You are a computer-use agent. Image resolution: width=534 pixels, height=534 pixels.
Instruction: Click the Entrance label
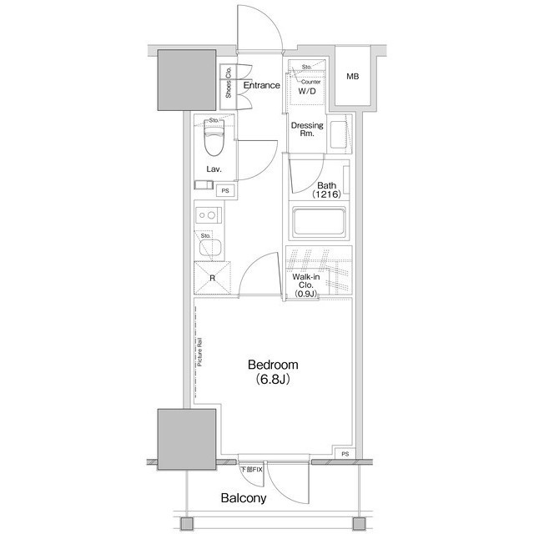(x=261, y=85)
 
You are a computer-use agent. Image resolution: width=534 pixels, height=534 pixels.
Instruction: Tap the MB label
(x=353, y=78)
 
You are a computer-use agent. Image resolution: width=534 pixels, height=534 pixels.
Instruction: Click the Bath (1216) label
(x=327, y=189)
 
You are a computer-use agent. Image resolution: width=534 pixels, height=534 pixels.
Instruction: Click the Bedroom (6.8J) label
(x=272, y=372)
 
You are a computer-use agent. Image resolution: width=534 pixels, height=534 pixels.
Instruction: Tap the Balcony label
(x=243, y=499)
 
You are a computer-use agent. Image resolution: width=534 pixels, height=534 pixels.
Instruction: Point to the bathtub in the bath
(x=319, y=224)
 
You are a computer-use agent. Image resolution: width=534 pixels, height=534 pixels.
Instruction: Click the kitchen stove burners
(x=207, y=216)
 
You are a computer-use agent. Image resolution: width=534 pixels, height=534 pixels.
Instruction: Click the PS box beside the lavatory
(x=224, y=191)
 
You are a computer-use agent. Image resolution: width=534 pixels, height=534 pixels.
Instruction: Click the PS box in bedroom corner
(x=345, y=454)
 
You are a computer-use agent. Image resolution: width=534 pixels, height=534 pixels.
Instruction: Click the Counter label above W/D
(x=311, y=82)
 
